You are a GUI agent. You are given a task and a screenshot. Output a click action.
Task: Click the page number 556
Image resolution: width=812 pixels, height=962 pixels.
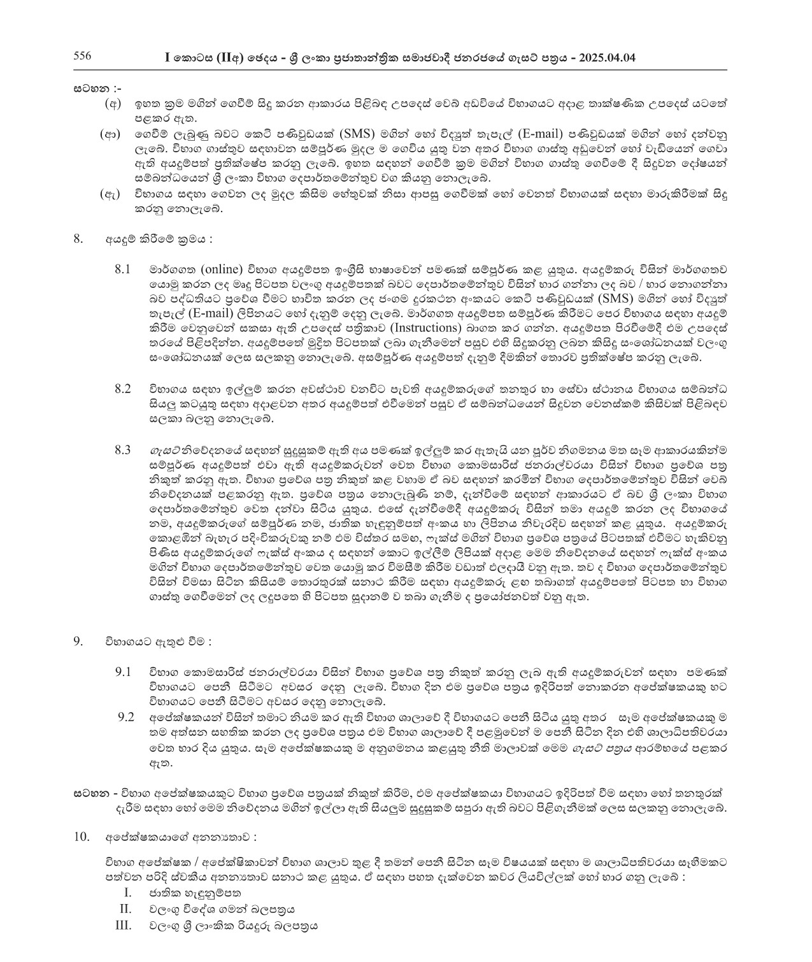[82, 56]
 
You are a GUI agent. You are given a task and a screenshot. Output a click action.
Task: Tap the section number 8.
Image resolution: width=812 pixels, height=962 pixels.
[78, 240]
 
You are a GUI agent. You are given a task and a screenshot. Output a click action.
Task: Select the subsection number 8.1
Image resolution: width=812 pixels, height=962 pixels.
[123, 268]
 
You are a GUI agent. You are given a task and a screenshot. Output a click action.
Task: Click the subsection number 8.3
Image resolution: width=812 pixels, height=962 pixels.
[123, 450]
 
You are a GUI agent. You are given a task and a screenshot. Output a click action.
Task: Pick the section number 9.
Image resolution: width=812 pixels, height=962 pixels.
[78, 642]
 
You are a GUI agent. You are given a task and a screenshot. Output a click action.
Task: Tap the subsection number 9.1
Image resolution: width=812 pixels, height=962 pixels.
[123, 671]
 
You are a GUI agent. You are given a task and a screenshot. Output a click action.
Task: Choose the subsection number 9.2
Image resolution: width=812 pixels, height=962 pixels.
[125, 717]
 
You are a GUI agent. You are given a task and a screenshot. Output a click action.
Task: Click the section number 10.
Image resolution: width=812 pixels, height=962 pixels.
[81, 836]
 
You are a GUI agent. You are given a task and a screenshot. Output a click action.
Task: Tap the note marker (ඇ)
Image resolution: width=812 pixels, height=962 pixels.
[110, 194]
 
